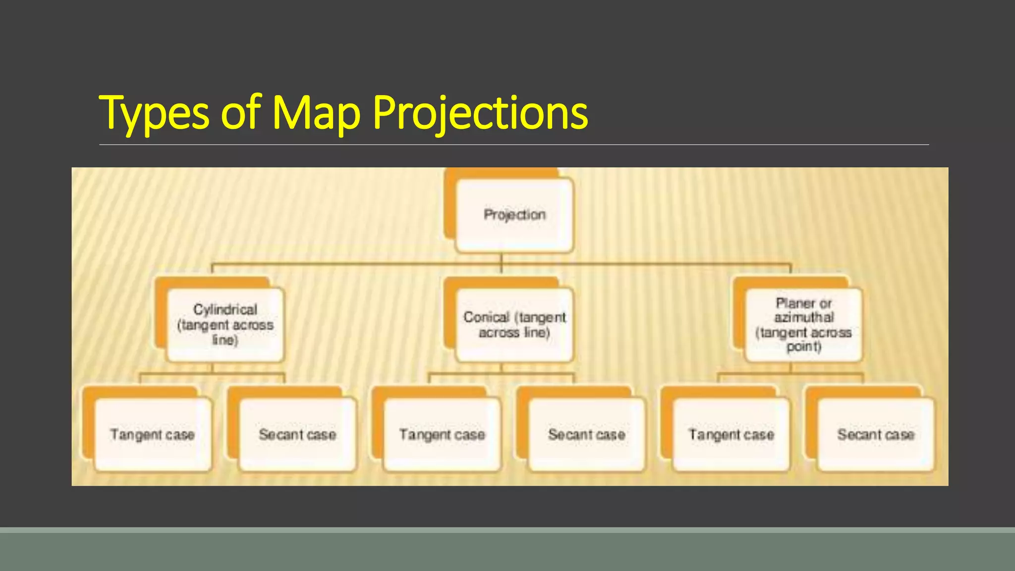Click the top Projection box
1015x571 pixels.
tap(514, 215)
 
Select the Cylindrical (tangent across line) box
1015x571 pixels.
tap(226, 325)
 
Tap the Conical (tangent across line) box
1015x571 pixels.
tap(514, 325)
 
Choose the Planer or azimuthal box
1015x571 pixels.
tap(803, 325)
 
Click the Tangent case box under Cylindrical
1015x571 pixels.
tap(153, 435)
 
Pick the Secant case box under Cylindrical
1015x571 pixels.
tap(297, 435)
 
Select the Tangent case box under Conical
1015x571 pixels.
tap(442, 435)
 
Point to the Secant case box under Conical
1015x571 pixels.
tap(587, 435)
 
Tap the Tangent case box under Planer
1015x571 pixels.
tap(731, 435)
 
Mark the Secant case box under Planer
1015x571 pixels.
tap(876, 435)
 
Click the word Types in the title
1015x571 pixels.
tap(154, 114)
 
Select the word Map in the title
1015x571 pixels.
tap(316, 114)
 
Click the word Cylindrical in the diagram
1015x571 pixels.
tap(226, 309)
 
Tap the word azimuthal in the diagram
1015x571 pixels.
tap(804, 317)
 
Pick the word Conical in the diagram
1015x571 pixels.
tap(486, 317)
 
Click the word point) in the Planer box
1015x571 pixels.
tap(804, 346)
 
